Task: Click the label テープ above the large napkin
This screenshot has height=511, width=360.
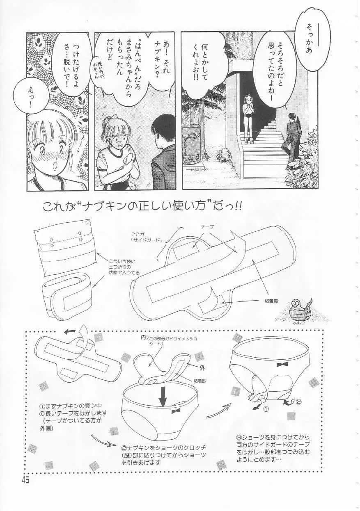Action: pos(207,226)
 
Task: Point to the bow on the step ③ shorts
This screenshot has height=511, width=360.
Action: pos(281,364)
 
